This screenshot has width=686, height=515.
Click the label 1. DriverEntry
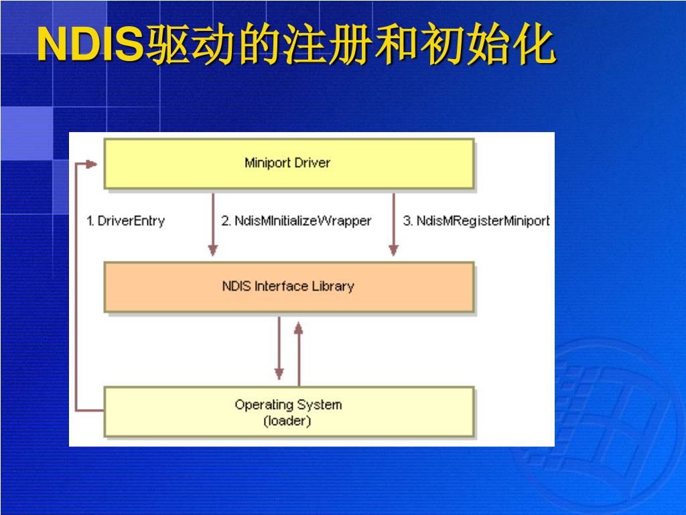click(x=126, y=221)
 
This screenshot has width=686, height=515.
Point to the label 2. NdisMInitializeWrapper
click(x=296, y=221)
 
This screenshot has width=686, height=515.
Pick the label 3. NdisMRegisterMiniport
click(x=476, y=221)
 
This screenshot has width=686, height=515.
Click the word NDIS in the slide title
click(x=90, y=46)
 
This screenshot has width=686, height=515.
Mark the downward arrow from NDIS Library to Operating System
click(x=279, y=349)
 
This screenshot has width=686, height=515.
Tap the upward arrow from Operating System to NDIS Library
click(x=299, y=349)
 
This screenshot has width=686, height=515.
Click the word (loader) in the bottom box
click(x=287, y=422)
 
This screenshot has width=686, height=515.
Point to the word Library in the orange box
click(x=333, y=286)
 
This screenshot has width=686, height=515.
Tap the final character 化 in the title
click(x=533, y=46)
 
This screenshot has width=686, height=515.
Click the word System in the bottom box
click(x=320, y=405)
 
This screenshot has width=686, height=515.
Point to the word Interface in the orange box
click(x=281, y=286)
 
